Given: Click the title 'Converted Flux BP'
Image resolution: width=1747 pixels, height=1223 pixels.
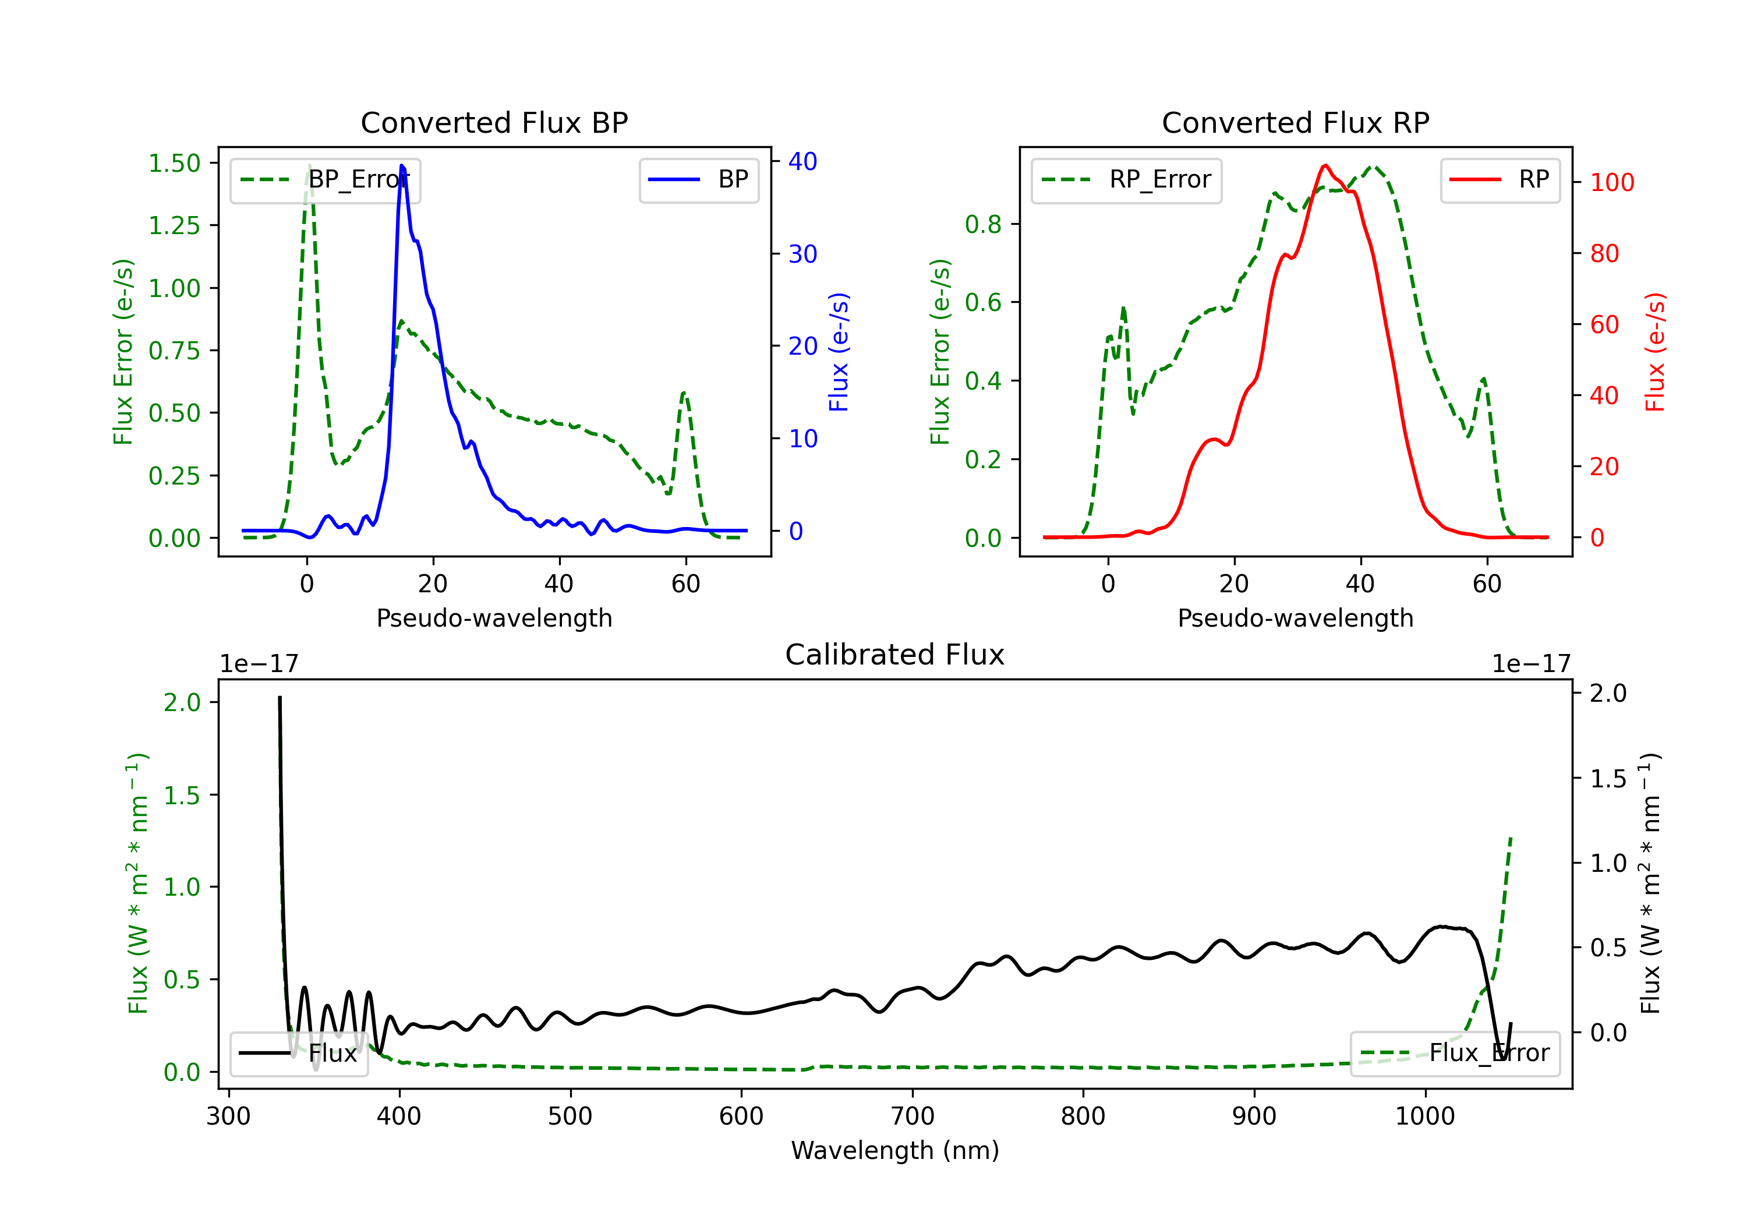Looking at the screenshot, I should click(494, 122).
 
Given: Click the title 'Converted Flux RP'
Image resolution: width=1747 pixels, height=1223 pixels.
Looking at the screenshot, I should click(1295, 122).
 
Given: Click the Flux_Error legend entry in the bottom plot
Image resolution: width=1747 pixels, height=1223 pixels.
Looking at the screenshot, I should click(1454, 1054).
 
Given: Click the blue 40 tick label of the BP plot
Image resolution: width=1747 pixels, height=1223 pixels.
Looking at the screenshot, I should click(802, 161).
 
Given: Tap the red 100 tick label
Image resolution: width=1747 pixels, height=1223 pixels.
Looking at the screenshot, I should click(1611, 183).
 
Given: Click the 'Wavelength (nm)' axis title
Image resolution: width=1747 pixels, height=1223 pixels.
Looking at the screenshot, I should click(895, 1150).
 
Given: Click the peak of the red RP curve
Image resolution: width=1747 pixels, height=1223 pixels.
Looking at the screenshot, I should click(1325, 165).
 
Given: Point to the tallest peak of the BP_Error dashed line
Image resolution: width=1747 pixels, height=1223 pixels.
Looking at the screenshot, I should click(309, 165).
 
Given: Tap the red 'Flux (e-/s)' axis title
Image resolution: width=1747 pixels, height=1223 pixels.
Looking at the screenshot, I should click(1656, 352).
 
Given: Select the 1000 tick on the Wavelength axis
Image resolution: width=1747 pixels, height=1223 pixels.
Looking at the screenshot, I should click(1424, 1116).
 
